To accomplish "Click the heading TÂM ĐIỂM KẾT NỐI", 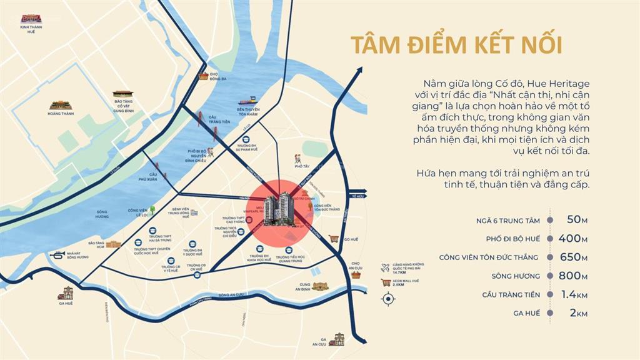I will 456,46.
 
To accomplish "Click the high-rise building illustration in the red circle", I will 279,209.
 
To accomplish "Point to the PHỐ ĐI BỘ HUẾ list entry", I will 512,239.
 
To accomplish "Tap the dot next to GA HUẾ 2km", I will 549,313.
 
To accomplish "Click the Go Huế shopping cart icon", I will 334,239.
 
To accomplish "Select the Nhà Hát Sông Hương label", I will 78,255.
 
